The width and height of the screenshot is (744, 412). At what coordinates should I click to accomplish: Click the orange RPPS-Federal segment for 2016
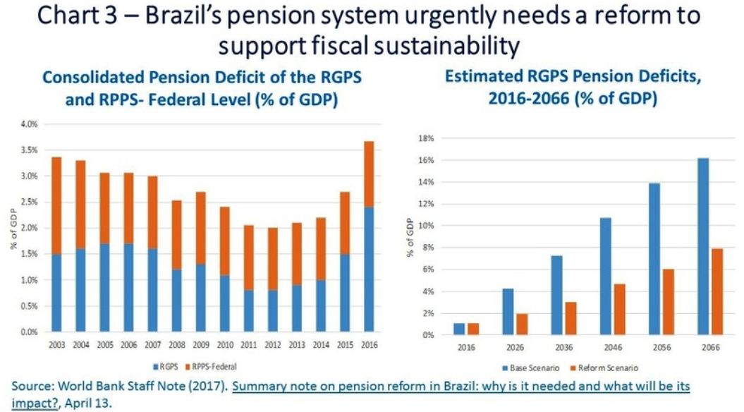coord(369,174)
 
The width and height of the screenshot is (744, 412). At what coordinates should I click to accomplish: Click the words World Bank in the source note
coord(96,386)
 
